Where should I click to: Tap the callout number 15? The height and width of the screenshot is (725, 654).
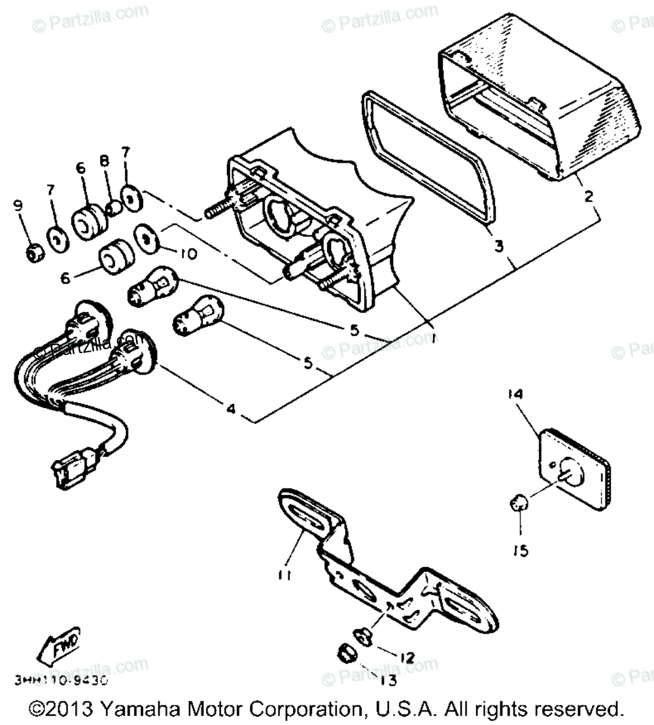point(521,551)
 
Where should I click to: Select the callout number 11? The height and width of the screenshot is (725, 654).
point(284,575)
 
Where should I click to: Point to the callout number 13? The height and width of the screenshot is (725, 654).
point(388,681)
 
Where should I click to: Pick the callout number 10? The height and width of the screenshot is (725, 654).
point(188,254)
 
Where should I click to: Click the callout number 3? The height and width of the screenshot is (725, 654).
point(498,246)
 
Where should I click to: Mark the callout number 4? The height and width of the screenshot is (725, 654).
point(230,410)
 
